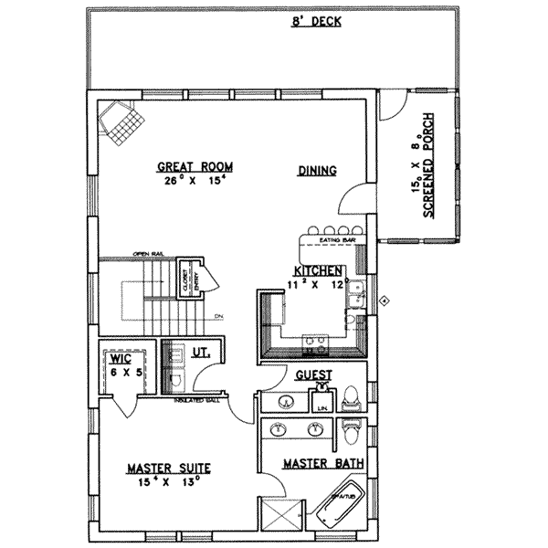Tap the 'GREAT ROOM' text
click(195, 167)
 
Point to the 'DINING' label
click(317, 170)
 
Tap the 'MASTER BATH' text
click(323, 463)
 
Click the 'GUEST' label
click(313, 375)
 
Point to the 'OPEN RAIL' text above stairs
click(147, 254)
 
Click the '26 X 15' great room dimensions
click(194, 181)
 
